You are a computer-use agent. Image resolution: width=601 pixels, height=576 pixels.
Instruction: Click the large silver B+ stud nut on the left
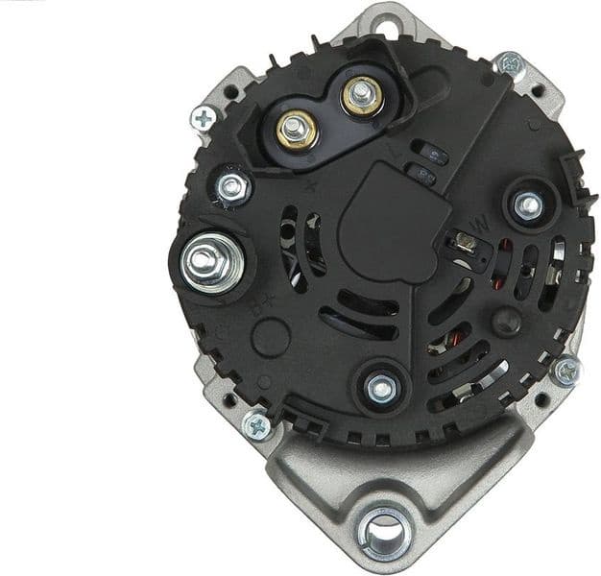(x=204, y=259)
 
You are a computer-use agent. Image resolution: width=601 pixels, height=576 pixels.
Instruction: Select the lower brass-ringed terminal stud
(x=298, y=129)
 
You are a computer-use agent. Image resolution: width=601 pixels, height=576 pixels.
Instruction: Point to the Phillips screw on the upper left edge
(x=204, y=118)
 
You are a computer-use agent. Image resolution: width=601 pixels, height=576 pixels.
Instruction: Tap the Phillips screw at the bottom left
(x=256, y=423)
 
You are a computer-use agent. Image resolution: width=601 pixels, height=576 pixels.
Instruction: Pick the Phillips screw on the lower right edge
(x=566, y=371)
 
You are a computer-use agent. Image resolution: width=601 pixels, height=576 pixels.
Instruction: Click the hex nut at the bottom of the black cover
(x=381, y=388)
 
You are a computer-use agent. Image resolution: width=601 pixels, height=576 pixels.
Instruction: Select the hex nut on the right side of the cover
(x=527, y=204)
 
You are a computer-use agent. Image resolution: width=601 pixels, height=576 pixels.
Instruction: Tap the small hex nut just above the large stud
(x=232, y=186)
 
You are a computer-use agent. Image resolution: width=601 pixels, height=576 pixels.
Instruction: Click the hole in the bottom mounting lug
(x=386, y=528)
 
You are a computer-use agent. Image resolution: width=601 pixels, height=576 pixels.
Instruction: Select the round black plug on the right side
(x=506, y=320)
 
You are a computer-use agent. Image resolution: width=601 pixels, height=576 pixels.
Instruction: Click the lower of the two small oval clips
(x=420, y=173)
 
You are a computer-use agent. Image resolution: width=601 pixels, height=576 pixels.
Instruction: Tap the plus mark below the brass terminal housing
(x=309, y=186)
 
